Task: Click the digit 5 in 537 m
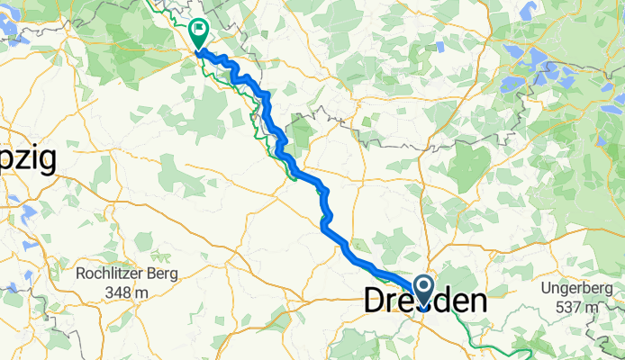pyautogui.click(x=560, y=307)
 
